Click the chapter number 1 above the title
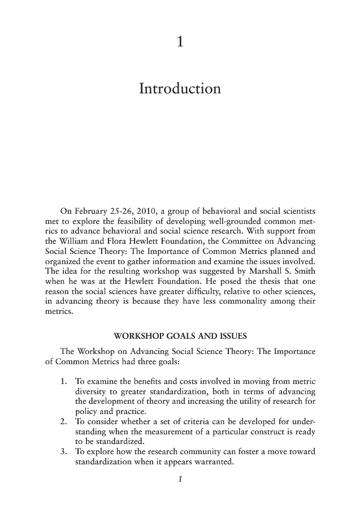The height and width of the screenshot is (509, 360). coord(180,41)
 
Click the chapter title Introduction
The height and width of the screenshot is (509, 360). coord(180,89)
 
